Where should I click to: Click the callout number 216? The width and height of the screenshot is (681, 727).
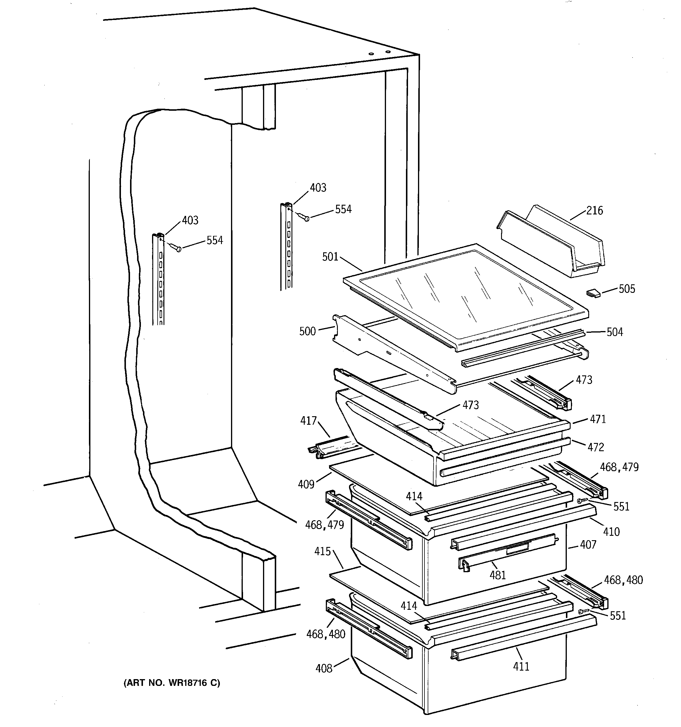coord(594,211)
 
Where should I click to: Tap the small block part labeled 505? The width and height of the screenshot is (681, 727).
coord(593,293)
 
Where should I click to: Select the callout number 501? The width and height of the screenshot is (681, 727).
coord(330,257)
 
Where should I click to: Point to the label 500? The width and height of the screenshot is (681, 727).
coord(307,331)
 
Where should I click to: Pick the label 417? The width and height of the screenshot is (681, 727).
coord(308,421)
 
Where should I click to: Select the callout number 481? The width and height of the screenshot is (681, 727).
coord(498,575)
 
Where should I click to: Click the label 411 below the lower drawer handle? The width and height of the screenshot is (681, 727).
coord(521,667)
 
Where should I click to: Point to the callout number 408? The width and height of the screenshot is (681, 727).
coord(324,669)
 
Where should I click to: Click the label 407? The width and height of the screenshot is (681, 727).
coord(588,545)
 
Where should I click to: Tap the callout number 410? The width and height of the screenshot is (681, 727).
coord(611,531)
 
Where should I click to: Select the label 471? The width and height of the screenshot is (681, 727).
coord(598,419)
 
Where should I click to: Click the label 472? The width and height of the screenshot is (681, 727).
coord(596,447)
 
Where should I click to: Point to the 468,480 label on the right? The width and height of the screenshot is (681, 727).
coord(623,580)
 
